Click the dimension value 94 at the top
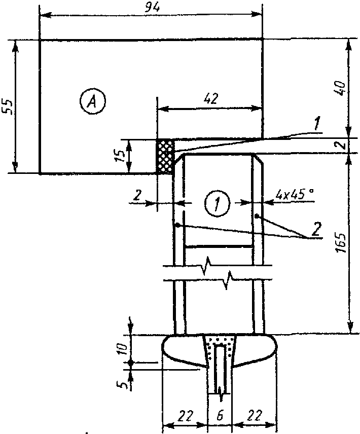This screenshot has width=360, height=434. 152,8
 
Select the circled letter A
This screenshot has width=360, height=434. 92,102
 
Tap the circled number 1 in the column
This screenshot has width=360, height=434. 217,204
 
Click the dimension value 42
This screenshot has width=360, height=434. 211,99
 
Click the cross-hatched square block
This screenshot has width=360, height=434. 165,157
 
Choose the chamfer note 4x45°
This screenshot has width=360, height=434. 295,195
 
